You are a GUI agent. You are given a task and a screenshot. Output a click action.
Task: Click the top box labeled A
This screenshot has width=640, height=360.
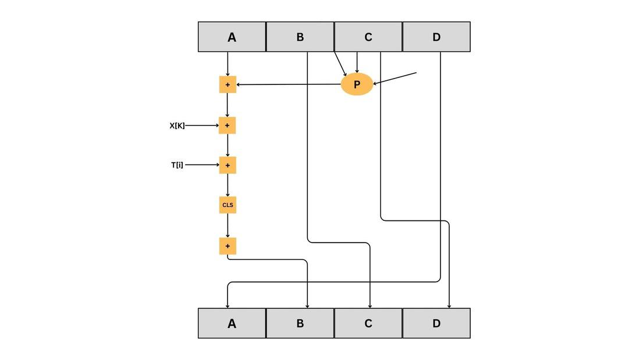coord(232,37)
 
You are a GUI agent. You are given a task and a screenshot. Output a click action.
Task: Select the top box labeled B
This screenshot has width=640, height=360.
coord(300,37)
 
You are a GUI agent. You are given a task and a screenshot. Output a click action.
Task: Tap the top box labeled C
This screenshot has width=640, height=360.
coord(368,37)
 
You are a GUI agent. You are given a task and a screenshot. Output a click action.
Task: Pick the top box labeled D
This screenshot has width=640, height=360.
coord(436,37)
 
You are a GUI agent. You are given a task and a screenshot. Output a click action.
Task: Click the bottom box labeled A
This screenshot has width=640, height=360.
coord(232,323)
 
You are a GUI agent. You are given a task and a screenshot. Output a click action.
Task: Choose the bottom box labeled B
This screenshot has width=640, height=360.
coord(300,323)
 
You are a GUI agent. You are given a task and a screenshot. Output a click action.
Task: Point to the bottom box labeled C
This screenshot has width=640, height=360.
coord(368,323)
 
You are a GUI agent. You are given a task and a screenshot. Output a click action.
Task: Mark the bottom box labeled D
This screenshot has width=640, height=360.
coord(436,323)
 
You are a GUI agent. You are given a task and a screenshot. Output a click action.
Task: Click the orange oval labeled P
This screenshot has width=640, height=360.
coord(357,84)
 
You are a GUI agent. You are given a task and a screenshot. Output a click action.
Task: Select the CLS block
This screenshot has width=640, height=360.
coord(227,205)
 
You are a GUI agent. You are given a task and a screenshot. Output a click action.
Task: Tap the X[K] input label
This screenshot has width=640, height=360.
coord(177,126)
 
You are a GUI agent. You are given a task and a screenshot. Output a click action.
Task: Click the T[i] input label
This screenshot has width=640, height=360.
coord(177,165)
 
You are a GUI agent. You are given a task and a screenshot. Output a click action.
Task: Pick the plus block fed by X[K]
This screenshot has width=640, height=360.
coord(227,126)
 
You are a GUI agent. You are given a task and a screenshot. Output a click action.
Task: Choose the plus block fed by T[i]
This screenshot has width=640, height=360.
coord(227,165)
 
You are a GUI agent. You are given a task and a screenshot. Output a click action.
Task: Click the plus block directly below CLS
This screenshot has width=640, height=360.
coord(227,246)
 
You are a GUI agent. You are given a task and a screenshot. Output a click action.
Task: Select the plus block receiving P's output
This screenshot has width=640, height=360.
coord(227,85)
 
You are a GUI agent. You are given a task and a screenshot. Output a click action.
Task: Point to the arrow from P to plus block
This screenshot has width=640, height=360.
coord(289,85)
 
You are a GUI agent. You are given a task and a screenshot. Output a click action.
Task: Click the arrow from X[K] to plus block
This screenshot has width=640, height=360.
coord(202,126)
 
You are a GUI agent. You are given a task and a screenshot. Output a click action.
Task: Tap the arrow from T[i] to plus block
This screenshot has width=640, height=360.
coord(202,165)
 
